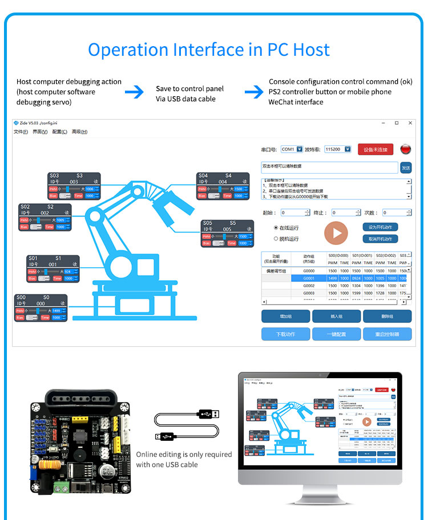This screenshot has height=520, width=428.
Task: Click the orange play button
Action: point(336,232)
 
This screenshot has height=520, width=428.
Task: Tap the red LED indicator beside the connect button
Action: point(406,149)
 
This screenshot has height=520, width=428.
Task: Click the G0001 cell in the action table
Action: point(309,278)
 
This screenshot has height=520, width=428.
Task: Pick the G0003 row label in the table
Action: point(309,293)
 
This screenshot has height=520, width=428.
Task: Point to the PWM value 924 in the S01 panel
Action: point(68,272)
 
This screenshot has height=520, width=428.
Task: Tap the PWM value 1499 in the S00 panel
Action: point(56,310)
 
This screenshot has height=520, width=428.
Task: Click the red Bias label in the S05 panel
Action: point(206,243)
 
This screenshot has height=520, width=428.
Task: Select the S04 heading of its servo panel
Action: point(204,175)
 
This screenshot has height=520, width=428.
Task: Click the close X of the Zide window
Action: point(410,123)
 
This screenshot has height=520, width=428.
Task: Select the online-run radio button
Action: point(276,227)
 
